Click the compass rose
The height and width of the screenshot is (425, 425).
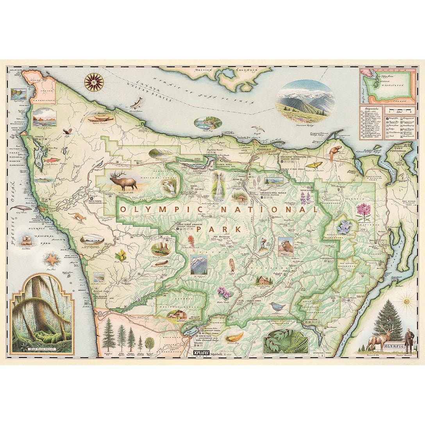pos(94,82)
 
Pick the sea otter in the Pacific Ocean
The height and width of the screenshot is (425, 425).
pos(27,239)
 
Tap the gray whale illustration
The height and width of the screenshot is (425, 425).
pos(20,208)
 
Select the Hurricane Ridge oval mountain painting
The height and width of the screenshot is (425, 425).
pos(305,100)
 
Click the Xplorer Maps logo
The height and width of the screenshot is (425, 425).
pos(198,354)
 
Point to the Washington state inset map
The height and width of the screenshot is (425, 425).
pos(387,86)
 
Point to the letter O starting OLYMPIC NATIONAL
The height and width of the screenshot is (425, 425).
pos(123,209)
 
